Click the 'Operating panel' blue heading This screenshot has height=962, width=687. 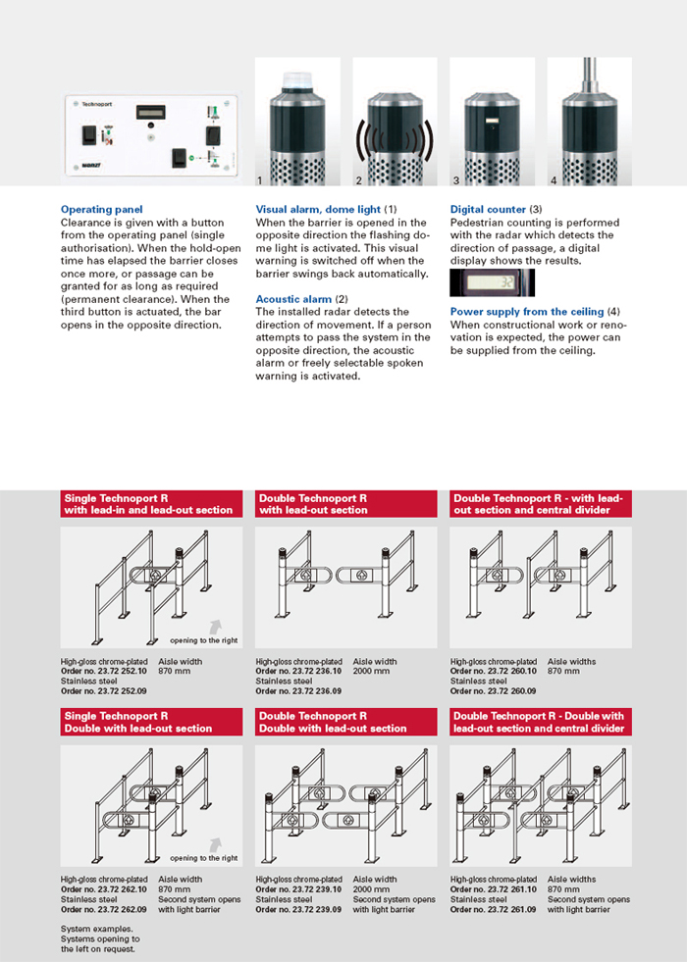(101, 210)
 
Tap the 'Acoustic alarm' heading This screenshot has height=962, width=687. (293, 298)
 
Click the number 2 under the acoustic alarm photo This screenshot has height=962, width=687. (359, 181)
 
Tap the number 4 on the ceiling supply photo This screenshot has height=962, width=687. (554, 181)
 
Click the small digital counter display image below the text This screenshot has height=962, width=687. (493, 283)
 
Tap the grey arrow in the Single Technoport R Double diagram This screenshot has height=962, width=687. (216, 843)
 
